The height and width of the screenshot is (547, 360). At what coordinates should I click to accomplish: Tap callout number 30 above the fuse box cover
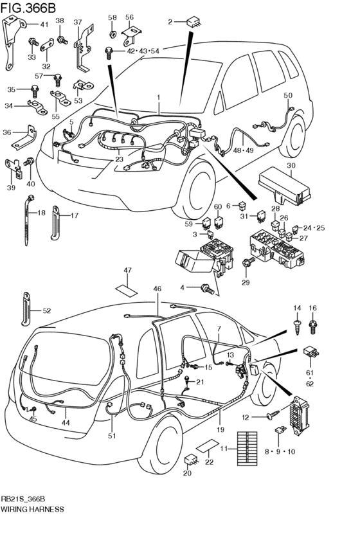pyautogui.click(x=291, y=165)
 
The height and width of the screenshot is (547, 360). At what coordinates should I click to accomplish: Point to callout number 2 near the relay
pyautogui.click(x=170, y=22)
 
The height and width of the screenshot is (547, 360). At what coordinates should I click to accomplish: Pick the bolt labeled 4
pyautogui.click(x=208, y=288)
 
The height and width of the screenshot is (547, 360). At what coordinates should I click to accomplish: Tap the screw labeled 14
pyautogui.click(x=297, y=327)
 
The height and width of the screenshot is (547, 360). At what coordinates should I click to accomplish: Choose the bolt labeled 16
pyautogui.click(x=313, y=327)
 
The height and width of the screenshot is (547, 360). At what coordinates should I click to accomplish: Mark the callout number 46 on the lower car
pyautogui.click(x=157, y=290)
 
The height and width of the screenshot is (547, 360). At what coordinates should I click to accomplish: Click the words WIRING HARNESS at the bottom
pyautogui.click(x=32, y=508)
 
